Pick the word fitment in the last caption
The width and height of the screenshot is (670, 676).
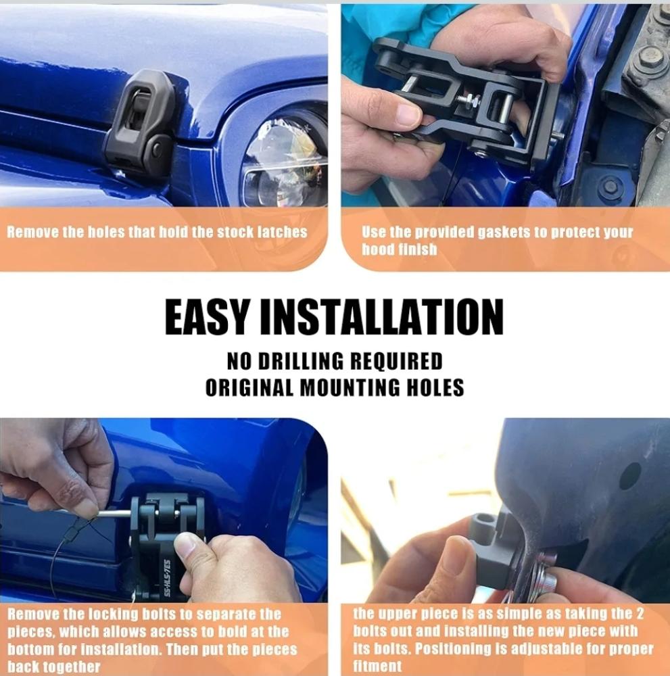(377, 666)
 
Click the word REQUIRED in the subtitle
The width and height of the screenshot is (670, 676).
(396, 361)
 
